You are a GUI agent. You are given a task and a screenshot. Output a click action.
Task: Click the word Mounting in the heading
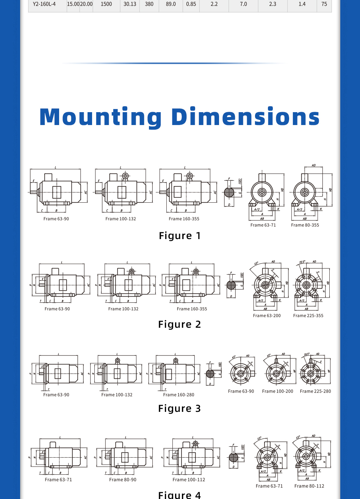(101, 117)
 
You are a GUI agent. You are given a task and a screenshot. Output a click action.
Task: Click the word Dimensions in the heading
(246, 117)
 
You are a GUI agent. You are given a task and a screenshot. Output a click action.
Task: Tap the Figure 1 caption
(180, 236)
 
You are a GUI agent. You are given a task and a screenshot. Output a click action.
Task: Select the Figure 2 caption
(180, 324)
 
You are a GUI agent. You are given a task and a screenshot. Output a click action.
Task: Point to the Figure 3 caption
(180, 408)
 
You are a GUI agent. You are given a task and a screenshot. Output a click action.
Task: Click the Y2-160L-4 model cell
(44, 4)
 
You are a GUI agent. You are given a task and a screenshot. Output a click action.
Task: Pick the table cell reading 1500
(106, 4)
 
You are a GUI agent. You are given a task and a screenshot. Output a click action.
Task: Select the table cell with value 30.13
(130, 4)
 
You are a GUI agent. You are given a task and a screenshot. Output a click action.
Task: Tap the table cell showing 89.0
(171, 4)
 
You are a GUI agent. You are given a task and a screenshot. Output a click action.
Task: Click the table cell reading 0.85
(191, 4)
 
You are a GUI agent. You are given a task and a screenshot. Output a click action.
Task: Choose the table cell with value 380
(149, 4)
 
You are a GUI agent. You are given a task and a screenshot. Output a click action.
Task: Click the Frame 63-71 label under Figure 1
(263, 225)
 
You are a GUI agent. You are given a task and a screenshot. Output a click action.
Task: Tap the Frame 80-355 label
(305, 225)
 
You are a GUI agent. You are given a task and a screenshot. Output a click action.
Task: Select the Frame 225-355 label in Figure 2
(308, 316)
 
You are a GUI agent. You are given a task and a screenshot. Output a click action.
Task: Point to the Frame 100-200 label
(277, 391)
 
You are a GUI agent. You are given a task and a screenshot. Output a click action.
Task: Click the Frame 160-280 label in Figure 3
(178, 395)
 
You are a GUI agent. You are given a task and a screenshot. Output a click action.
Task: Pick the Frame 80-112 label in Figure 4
(309, 486)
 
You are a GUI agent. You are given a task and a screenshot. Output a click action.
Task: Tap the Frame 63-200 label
(267, 316)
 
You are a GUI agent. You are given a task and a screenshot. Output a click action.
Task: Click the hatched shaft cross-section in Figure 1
(229, 192)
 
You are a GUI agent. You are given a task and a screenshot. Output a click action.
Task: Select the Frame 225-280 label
(315, 391)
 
